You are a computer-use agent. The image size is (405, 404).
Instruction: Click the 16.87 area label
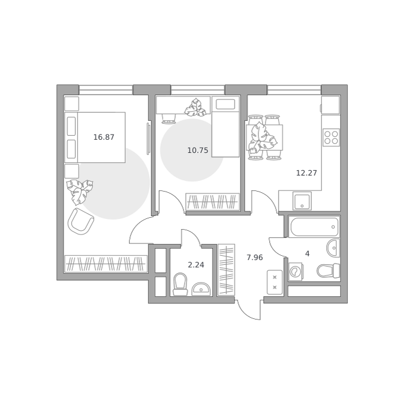(x=104, y=137)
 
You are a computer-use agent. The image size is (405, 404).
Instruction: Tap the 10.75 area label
(x=198, y=151)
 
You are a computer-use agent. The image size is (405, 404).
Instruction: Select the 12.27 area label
(x=306, y=173)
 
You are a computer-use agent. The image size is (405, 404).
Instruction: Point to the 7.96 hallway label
(x=255, y=258)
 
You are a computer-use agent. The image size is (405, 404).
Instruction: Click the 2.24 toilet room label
(x=196, y=265)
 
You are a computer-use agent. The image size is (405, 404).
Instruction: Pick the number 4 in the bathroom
(x=307, y=254)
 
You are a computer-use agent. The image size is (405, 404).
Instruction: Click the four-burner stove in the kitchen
(x=331, y=137)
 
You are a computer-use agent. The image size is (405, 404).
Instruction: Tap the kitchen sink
(x=302, y=201)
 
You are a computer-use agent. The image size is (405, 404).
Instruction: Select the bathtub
(x=314, y=227)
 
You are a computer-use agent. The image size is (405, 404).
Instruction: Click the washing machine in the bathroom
(x=295, y=271)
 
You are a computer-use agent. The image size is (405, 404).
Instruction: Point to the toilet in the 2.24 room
(x=180, y=284)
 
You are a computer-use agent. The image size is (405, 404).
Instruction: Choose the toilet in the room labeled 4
(x=328, y=271)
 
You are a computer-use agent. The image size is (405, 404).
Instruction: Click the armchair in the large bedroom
(x=80, y=221)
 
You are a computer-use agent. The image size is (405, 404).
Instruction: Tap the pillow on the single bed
(x=225, y=105)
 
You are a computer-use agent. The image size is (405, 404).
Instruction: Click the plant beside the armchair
(x=80, y=191)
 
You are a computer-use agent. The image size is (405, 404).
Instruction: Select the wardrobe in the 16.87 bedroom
(x=105, y=264)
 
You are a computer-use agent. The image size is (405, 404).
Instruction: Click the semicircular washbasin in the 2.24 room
(x=201, y=289)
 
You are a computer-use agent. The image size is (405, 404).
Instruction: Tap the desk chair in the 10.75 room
(x=169, y=118)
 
